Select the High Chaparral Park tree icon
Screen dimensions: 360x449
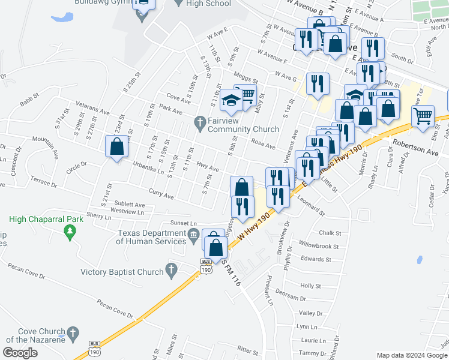[x=70, y=230]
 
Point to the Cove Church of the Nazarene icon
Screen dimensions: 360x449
[x=73, y=332]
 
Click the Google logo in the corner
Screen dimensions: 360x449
[x=20, y=353]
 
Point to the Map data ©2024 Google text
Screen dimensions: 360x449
[x=412, y=355]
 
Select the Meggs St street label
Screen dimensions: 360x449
[x=246, y=79]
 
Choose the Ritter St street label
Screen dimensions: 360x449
[x=247, y=349]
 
